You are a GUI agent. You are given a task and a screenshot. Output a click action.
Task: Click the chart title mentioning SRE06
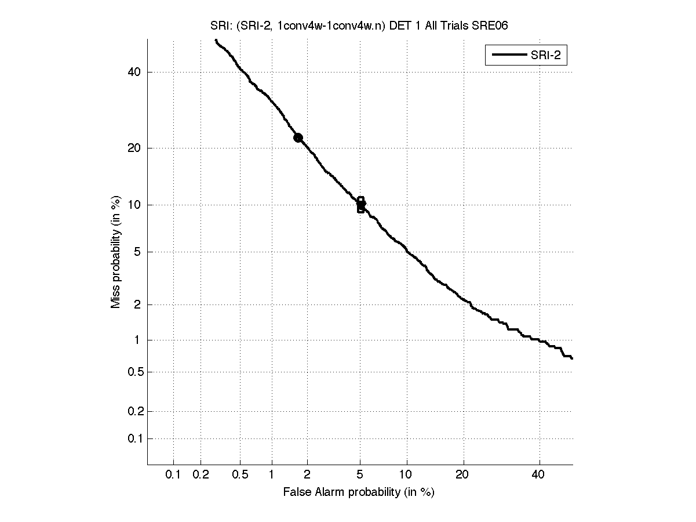point(359,26)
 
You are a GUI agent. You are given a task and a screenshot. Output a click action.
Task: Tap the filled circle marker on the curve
point(298,137)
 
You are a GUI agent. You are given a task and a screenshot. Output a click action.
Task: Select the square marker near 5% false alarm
point(360,205)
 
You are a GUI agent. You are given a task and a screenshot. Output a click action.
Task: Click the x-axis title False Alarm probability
point(359,492)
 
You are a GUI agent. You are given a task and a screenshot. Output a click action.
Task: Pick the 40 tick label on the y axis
point(134,72)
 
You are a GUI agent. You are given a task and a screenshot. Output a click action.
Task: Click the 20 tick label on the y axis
point(134,148)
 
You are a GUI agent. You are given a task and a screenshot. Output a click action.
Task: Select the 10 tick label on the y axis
point(134,205)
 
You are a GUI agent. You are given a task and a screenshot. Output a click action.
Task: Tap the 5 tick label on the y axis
point(137,252)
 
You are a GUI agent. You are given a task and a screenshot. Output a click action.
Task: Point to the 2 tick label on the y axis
point(137,304)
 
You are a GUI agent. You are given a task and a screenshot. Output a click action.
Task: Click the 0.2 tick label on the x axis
point(201,475)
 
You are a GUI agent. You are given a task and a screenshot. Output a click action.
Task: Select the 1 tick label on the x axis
point(271,475)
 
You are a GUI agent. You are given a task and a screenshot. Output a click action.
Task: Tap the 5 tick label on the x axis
point(360,475)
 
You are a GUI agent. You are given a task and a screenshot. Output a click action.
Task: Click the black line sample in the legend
point(508,56)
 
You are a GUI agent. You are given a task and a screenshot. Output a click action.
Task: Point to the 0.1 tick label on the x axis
point(173,475)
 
